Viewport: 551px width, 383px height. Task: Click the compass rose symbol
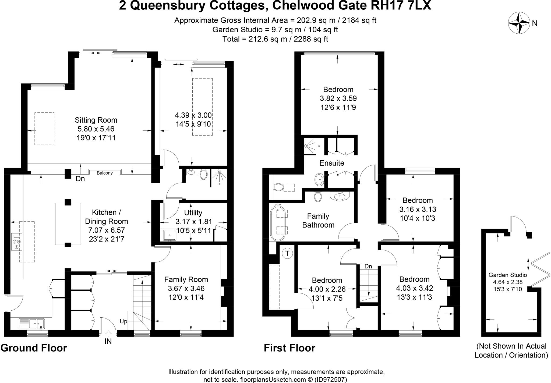[x=519, y=23]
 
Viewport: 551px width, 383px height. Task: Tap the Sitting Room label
[x=96, y=120]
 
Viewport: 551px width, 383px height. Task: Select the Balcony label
[x=105, y=173]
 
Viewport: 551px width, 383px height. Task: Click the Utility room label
[x=193, y=213]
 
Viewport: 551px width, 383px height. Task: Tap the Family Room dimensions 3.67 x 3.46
[x=186, y=289]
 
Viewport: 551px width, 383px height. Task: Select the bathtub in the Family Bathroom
[x=278, y=223]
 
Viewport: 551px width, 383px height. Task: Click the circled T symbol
[x=288, y=253]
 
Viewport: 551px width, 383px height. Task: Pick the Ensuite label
[x=331, y=163]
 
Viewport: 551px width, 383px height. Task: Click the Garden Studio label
[x=507, y=275]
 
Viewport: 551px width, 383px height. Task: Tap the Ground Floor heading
[x=34, y=348]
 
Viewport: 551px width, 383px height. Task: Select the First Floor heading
[x=289, y=348]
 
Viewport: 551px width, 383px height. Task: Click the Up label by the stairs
[x=123, y=321]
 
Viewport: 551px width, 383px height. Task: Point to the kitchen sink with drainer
[x=32, y=323]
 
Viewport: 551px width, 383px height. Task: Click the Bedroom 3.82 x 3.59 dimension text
[x=338, y=98]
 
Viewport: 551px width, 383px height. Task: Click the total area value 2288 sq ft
[x=311, y=39]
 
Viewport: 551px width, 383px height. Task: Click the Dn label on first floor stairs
[x=368, y=266]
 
